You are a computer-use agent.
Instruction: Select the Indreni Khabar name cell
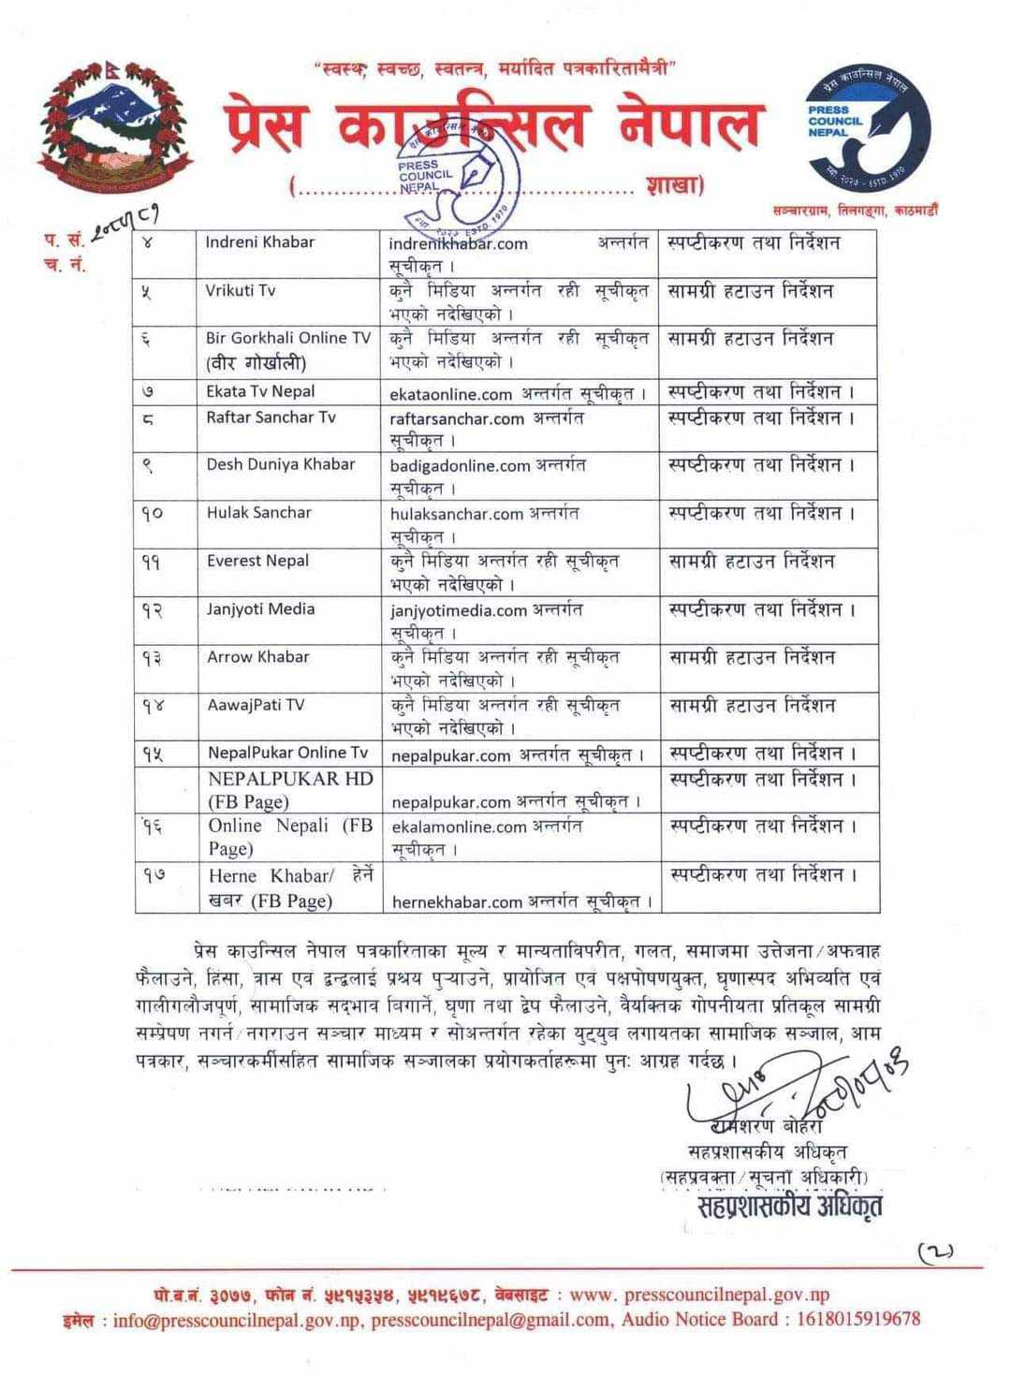[260, 242]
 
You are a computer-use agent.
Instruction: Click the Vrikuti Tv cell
[241, 290]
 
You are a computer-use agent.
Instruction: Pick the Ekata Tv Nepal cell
[260, 391]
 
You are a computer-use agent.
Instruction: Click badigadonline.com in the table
[460, 466]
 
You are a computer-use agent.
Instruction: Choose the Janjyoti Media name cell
[260, 609]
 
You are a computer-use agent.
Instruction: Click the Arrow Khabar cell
[258, 657]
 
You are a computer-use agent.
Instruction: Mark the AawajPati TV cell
[256, 705]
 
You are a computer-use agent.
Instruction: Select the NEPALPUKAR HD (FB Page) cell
[290, 790]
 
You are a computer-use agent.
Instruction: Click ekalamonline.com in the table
[459, 827]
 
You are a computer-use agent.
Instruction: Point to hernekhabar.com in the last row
[457, 902]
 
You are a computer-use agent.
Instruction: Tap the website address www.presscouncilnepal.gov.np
[699, 1296]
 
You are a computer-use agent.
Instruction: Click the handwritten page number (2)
[934, 1251]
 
